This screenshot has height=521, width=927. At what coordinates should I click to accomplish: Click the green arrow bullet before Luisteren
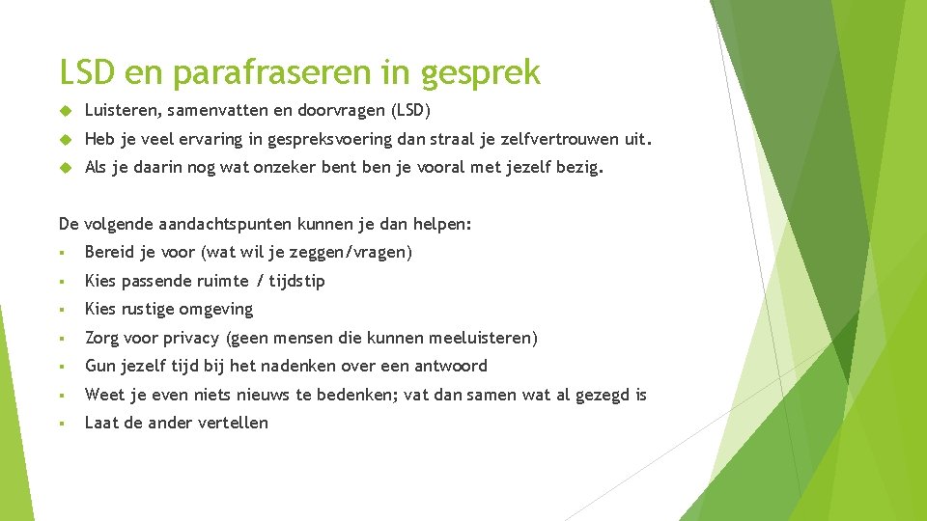coord(66,111)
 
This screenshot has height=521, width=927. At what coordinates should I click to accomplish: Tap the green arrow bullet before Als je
coord(66,168)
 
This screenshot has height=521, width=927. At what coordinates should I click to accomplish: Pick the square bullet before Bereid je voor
coord(61,253)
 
